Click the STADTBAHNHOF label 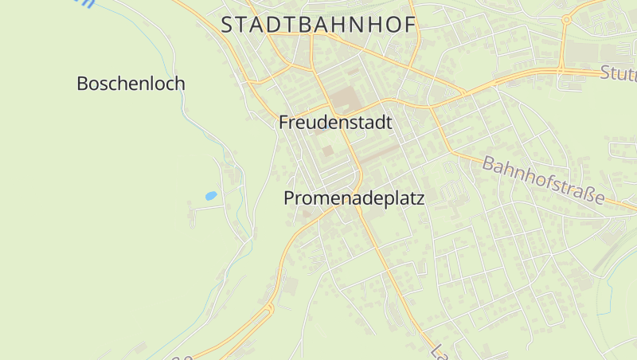(318, 25)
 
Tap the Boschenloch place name (131, 83)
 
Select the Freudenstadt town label (335, 123)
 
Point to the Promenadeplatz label (354, 199)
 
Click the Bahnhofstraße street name (543, 180)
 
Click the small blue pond (211, 195)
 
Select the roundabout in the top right (567, 19)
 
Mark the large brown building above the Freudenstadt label (345, 100)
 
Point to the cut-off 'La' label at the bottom (437, 351)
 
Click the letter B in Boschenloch (82, 83)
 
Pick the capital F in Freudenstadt (283, 123)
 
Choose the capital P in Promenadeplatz (289, 199)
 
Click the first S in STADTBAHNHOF (228, 25)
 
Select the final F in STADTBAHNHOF (410, 25)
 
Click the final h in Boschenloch (180, 83)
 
